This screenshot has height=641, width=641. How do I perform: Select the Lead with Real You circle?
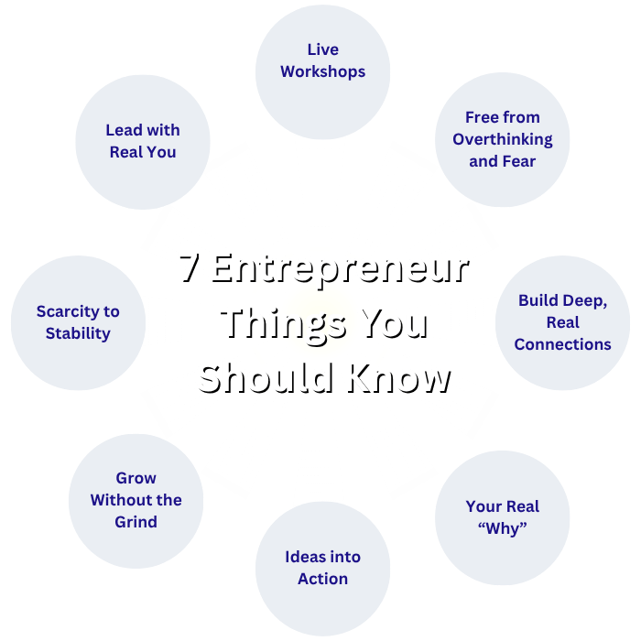[143, 142]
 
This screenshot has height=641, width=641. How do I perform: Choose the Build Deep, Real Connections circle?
[562, 322]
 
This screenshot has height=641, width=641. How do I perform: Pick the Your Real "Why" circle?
[502, 517]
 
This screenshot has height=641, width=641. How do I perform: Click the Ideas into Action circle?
[322, 568]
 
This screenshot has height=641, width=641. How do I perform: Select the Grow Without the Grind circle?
[136, 500]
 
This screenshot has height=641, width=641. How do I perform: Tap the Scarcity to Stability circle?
[78, 322]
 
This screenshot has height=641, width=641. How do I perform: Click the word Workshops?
[322, 71]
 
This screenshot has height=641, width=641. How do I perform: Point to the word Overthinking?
[502, 139]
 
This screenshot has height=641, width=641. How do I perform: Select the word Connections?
[562, 344]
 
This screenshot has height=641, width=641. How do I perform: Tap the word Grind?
[136, 522]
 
